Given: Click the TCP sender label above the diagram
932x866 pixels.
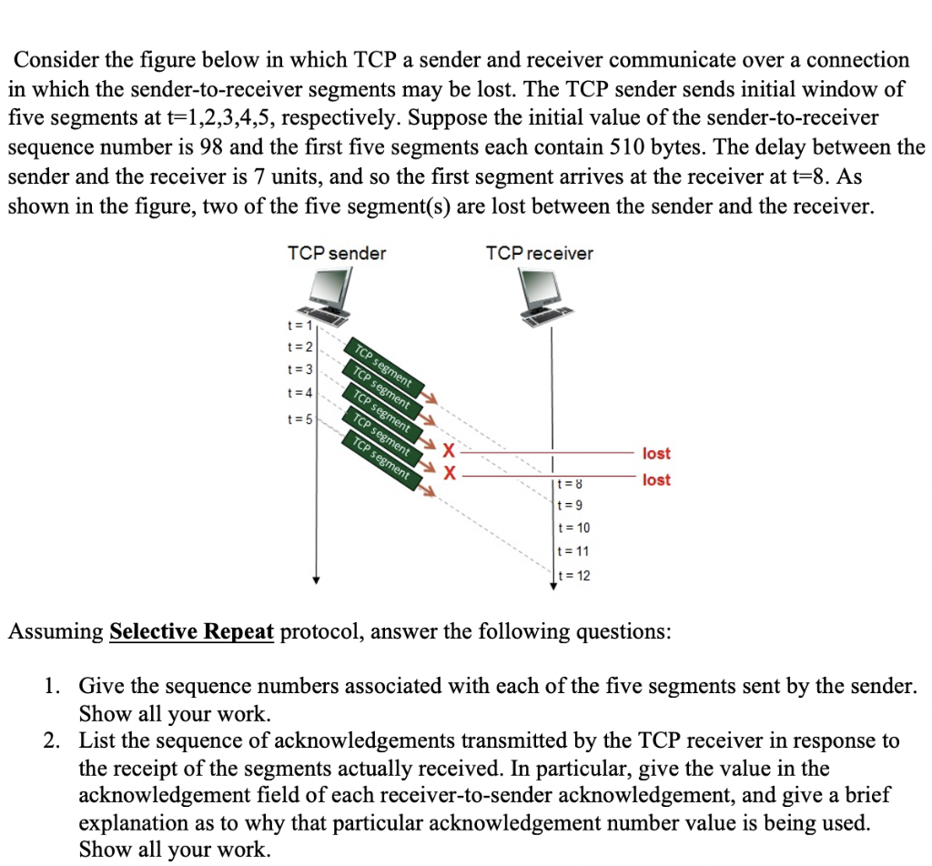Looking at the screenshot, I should (336, 254).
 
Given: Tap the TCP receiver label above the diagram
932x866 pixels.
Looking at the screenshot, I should (539, 254).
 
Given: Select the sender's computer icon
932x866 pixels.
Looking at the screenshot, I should (330, 297).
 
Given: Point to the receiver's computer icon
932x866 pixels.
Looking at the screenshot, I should (550, 297).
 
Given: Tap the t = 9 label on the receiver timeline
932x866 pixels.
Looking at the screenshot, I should (570, 506).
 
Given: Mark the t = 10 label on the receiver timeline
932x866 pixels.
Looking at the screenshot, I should (572, 529).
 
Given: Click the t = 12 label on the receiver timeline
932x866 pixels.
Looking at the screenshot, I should (573, 575).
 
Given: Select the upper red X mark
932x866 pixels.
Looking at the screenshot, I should (448, 449).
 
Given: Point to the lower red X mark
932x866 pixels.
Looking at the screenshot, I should (448, 472).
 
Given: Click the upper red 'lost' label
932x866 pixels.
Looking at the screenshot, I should (655, 453).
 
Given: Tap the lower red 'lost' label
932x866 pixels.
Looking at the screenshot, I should (655, 479).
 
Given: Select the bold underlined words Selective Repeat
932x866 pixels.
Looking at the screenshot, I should (191, 631).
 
